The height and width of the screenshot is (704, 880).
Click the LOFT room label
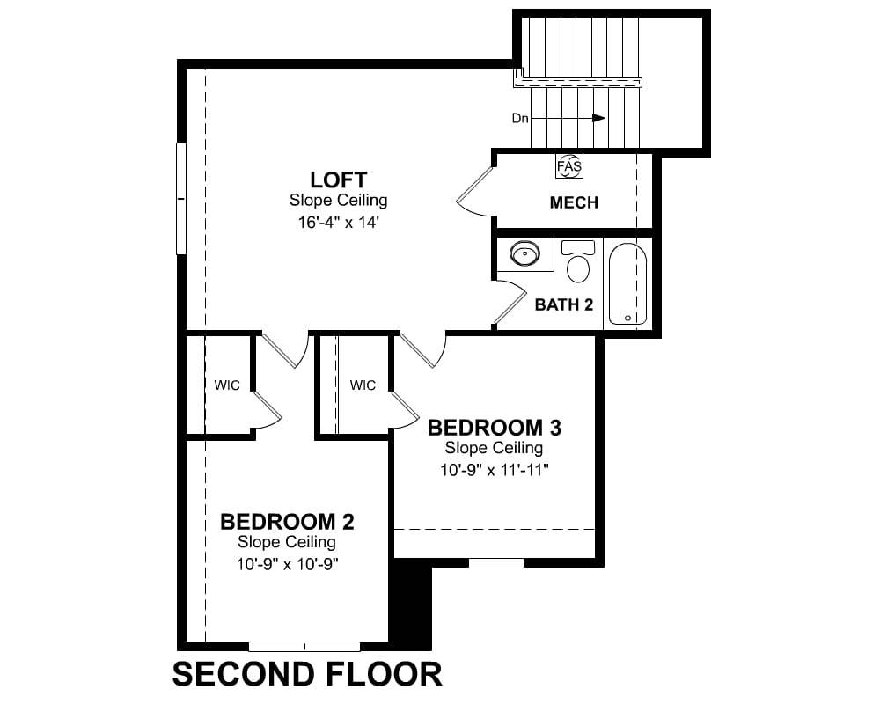[x=339, y=180]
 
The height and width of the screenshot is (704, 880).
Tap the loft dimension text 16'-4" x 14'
[x=339, y=223]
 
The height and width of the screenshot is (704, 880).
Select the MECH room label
[x=574, y=202]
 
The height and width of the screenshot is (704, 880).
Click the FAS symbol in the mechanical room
[x=569, y=166]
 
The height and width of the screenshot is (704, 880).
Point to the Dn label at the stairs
[x=520, y=119]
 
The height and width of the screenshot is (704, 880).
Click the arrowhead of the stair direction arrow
[x=599, y=119]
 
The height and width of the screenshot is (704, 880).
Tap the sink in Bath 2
[x=525, y=253]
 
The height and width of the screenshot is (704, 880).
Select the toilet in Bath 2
[x=578, y=261]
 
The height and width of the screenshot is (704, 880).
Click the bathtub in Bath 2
[x=628, y=284]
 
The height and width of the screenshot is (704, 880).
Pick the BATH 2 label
[x=563, y=304]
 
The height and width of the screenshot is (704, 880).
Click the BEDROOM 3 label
[x=494, y=428]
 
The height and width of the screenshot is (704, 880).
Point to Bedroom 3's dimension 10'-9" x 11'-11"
[x=494, y=471]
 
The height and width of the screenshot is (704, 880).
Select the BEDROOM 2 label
[x=287, y=522]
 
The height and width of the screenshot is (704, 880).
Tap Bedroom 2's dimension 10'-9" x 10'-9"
[x=287, y=564]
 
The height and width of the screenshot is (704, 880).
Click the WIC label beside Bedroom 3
[x=363, y=385]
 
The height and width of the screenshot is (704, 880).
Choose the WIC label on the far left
[x=227, y=385]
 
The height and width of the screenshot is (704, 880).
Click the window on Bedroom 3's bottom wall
[x=496, y=563]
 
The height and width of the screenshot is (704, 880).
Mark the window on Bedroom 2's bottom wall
[x=304, y=647]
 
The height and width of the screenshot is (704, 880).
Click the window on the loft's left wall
[x=180, y=199]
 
